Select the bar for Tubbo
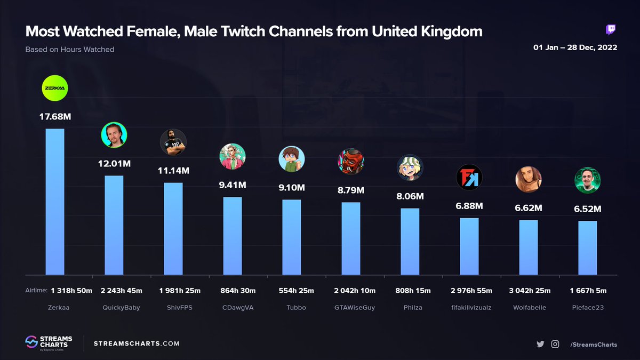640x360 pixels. click(292, 237)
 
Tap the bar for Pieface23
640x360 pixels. click(588, 247)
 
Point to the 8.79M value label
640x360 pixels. click(351, 189)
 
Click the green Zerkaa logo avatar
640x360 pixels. click(55, 88)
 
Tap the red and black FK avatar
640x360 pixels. click(469, 178)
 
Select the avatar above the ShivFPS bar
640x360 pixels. click(173, 142)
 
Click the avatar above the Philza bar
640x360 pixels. click(410, 168)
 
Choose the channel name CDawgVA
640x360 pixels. click(233, 307)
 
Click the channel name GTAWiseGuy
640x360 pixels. click(351, 307)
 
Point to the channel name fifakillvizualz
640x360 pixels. click(469, 307)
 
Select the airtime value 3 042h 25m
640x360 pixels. click(529, 291)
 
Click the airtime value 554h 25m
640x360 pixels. click(292, 291)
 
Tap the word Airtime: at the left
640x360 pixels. click(36, 291)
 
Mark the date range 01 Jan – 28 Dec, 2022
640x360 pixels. click(575, 47)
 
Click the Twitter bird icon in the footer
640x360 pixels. click(540, 344)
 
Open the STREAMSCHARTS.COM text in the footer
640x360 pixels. click(137, 344)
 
